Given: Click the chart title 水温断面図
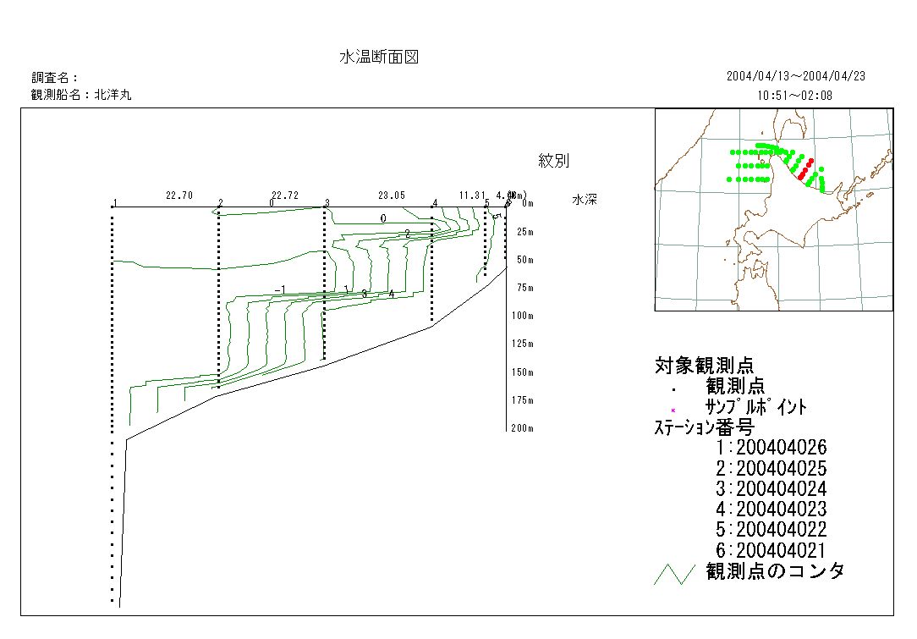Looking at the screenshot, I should pos(379,58).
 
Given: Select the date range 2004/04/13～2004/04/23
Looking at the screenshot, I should pos(795,76).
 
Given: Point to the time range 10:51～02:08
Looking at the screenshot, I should pos(795,96).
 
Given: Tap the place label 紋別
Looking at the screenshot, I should pos(553,161).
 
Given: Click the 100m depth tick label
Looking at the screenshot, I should pos(523,316).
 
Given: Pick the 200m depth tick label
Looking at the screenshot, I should pos(523,428).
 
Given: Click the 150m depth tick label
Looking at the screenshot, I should pos(523,372).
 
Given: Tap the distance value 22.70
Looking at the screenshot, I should pos(179,196).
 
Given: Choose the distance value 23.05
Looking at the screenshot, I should pos(392,196).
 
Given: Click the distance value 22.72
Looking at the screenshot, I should pos(285,196).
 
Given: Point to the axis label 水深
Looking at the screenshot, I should pos(585,200).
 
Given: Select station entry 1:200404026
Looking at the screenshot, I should pos(770,448).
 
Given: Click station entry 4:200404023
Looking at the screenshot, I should pos(770,510).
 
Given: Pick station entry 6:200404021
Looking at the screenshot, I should pos(770,551).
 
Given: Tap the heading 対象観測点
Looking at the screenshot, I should pos(704,366).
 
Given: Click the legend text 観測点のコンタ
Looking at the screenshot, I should pos(775,571).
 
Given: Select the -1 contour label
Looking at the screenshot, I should pos(280,291).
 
